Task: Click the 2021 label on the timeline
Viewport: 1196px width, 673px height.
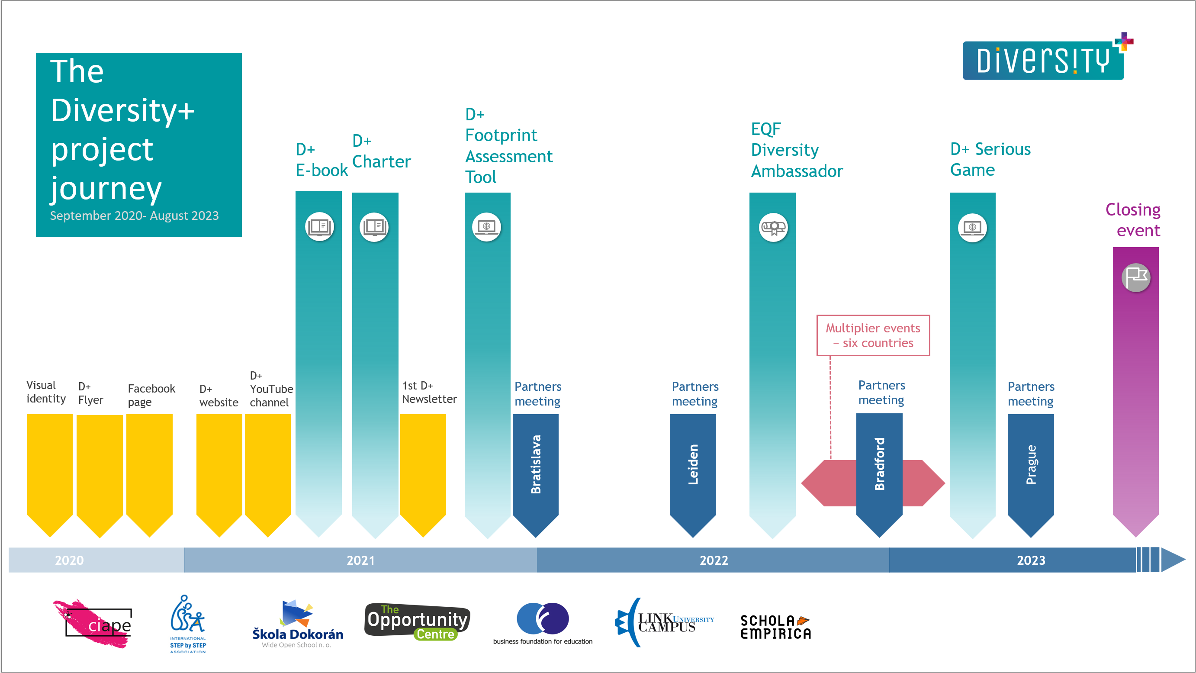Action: (x=360, y=560)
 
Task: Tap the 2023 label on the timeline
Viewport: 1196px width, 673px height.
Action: (x=1031, y=560)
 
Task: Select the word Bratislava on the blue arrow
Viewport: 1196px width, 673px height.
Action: (x=536, y=464)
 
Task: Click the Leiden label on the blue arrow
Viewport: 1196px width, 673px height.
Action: (x=693, y=464)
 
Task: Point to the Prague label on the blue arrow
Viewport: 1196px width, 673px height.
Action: (x=1031, y=464)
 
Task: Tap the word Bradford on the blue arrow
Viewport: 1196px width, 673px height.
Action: (x=879, y=464)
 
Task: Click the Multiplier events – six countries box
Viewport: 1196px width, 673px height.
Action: (x=873, y=335)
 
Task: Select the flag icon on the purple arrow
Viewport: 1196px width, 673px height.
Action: (x=1136, y=277)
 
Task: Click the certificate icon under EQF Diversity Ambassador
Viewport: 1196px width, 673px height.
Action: (x=773, y=227)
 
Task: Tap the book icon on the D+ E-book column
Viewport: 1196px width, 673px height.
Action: (x=319, y=227)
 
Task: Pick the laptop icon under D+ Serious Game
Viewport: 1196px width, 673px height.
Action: (x=972, y=227)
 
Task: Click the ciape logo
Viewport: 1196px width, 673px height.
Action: (x=95, y=624)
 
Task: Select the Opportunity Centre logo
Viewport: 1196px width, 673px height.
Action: (x=417, y=621)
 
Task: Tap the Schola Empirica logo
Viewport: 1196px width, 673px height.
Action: (x=775, y=627)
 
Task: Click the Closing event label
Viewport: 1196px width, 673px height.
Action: (x=1133, y=220)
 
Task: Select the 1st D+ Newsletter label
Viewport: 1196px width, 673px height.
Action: (x=429, y=393)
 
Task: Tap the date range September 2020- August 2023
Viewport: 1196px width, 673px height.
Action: (x=134, y=216)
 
